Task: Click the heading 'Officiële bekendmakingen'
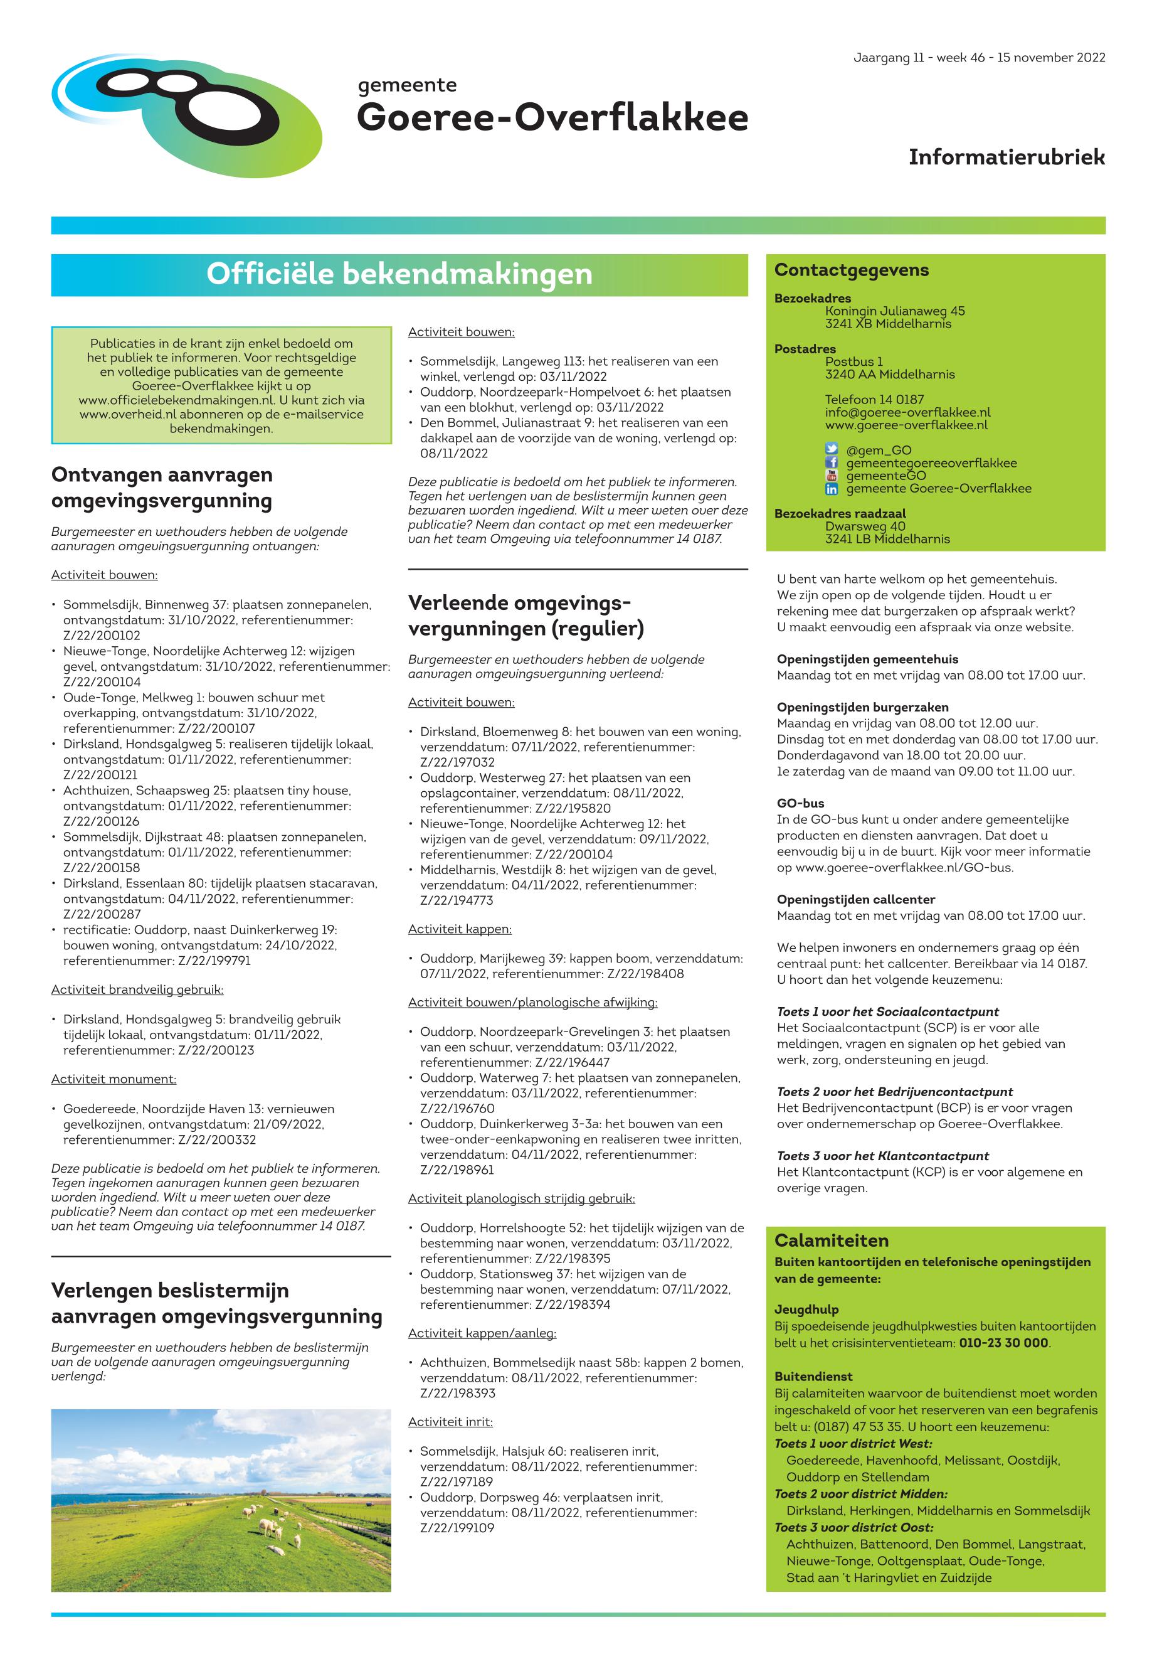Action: click(399, 274)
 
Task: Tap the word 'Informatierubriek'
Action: click(1006, 157)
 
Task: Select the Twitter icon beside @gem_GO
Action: click(832, 450)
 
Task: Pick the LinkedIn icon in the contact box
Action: click(832, 489)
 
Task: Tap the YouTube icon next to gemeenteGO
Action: click(832, 476)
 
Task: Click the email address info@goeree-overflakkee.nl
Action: click(907, 412)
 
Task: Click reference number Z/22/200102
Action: click(102, 636)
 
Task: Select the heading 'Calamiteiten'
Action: click(831, 1240)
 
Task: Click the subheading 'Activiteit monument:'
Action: click(114, 1079)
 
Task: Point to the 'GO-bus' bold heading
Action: click(800, 804)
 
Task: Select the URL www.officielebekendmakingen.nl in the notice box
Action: click(176, 400)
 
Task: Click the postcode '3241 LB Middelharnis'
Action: click(887, 539)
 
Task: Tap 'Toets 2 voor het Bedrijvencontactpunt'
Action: click(895, 1092)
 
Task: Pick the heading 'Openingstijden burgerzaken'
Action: click(863, 707)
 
